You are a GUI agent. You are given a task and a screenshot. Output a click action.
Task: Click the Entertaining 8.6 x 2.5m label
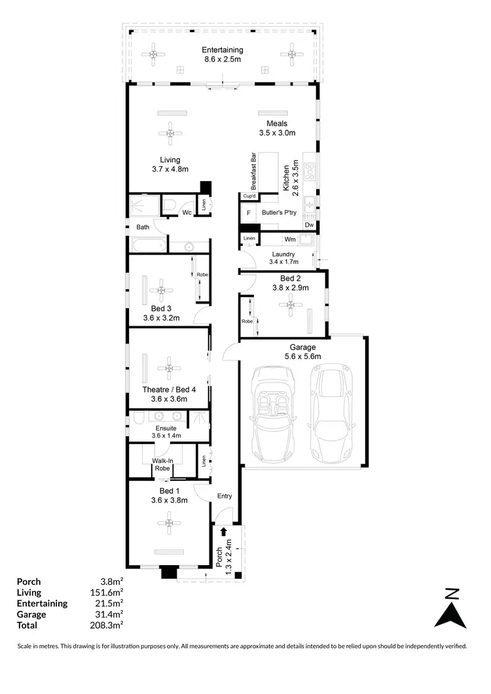pyautogui.click(x=223, y=55)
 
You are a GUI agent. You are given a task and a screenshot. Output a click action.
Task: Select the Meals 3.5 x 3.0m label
pyautogui.click(x=276, y=128)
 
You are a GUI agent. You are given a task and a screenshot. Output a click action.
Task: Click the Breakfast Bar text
pyautogui.click(x=252, y=171)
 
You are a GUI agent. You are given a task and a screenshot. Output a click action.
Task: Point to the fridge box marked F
pyautogui.click(x=249, y=213)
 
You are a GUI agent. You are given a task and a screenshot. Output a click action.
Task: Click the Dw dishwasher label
pyautogui.click(x=308, y=225)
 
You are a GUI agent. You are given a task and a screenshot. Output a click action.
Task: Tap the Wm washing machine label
pyautogui.click(x=289, y=239)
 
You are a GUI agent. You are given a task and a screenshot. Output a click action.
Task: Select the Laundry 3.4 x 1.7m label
pyautogui.click(x=282, y=258)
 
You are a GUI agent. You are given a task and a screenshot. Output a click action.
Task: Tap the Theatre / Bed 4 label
pyautogui.click(x=169, y=394)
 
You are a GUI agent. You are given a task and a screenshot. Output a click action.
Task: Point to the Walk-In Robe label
pyautogui.click(x=162, y=464)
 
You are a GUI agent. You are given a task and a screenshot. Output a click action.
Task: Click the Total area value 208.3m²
pyautogui.click(x=108, y=625)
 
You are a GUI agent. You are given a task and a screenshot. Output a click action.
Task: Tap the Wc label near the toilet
pyautogui.click(x=187, y=213)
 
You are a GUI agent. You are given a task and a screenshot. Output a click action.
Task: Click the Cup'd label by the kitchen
pyautogui.click(x=249, y=196)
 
